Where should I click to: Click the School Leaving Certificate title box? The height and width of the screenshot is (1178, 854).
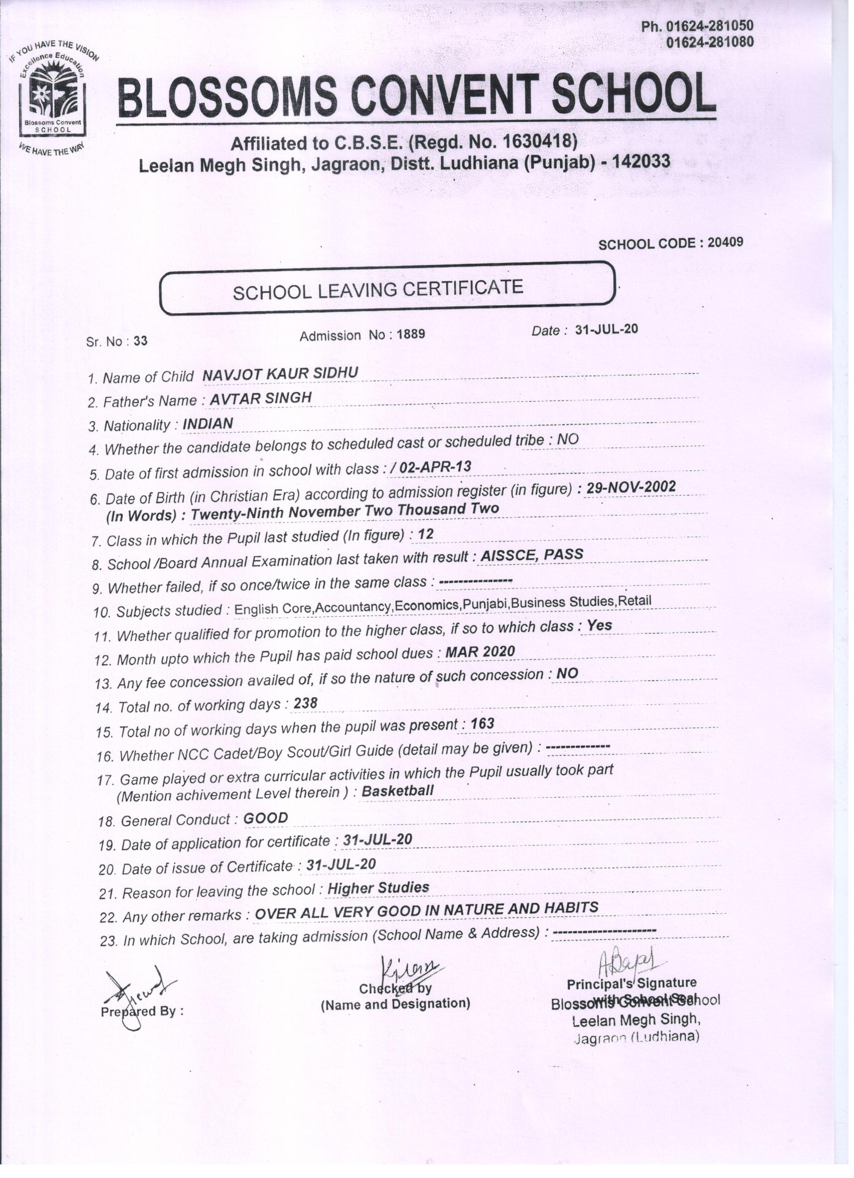pyautogui.click(x=387, y=288)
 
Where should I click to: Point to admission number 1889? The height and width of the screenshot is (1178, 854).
pyautogui.click(x=411, y=334)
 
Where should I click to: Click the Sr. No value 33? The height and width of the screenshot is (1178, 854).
pyautogui.click(x=140, y=341)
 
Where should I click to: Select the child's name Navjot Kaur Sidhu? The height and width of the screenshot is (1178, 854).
pyautogui.click(x=280, y=373)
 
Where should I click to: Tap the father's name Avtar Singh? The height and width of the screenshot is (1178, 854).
pyautogui.click(x=261, y=398)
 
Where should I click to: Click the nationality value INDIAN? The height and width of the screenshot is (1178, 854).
pyautogui.click(x=208, y=424)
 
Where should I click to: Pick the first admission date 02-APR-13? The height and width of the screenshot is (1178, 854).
pyautogui.click(x=436, y=467)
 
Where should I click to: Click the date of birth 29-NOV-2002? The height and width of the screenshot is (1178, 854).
pyautogui.click(x=631, y=487)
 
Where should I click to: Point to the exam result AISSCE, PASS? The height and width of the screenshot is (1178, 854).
pyautogui.click(x=532, y=555)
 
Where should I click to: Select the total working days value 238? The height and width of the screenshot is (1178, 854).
pyautogui.click(x=305, y=703)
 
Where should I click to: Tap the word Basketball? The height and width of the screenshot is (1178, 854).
pyautogui.click(x=398, y=791)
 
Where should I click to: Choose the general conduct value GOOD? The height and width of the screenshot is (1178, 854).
pyautogui.click(x=265, y=818)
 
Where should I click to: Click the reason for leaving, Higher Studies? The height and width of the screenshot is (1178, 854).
pyautogui.click(x=379, y=888)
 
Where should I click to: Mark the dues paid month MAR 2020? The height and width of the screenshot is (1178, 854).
pyautogui.click(x=480, y=651)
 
